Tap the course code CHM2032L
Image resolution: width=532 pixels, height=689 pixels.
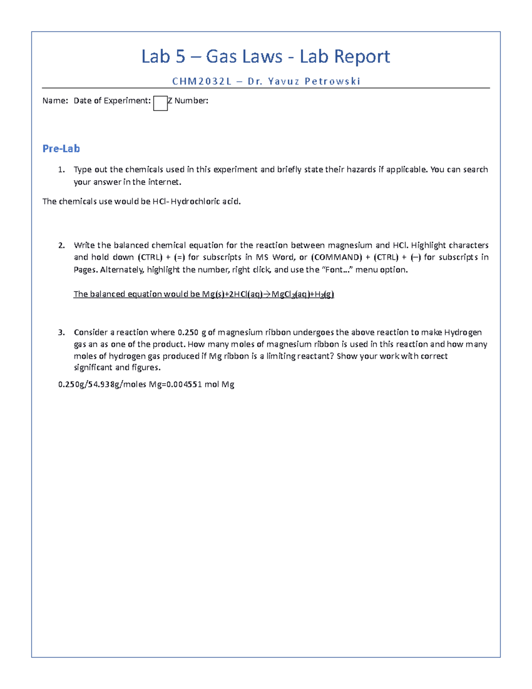(202, 81)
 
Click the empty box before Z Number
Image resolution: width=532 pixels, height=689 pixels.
(160, 103)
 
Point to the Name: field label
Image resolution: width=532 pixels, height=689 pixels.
(55, 101)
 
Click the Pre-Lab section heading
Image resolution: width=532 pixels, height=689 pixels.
(61, 149)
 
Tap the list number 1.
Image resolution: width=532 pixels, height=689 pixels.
(61, 169)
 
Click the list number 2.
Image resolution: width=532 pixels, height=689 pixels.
(61, 245)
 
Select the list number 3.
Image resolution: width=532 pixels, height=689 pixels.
(61, 332)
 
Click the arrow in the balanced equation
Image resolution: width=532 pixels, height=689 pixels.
(267, 294)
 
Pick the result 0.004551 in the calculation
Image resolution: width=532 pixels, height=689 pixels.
(184, 385)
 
